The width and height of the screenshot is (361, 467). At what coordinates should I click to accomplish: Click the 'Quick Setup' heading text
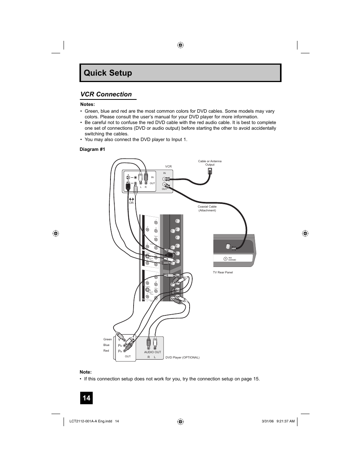click(108, 73)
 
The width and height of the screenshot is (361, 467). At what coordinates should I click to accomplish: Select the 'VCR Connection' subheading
click(106, 95)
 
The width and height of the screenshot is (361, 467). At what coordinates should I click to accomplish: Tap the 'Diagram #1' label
click(92, 149)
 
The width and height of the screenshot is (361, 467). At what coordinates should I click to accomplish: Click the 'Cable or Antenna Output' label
click(210, 163)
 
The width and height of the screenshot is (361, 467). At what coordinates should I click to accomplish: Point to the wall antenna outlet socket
click(210, 171)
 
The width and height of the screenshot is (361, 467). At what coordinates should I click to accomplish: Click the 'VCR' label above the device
click(168, 166)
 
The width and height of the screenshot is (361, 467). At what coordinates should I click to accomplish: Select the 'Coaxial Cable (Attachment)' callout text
click(207, 208)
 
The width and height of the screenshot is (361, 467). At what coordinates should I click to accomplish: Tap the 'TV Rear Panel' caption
click(223, 272)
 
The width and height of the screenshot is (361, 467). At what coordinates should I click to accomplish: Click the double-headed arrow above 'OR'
click(131, 199)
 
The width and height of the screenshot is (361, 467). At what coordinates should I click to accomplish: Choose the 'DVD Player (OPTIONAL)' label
click(182, 357)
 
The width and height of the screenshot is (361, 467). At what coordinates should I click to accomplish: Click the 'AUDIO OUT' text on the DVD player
click(152, 352)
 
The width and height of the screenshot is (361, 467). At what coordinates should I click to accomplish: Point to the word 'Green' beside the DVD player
click(107, 339)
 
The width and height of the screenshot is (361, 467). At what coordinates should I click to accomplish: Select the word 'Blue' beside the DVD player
click(106, 345)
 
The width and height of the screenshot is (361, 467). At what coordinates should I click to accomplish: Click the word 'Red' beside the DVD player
click(106, 351)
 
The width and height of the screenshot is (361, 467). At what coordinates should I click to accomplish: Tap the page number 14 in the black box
click(86, 398)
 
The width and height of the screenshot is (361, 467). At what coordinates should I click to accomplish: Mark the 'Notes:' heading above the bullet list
click(87, 104)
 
